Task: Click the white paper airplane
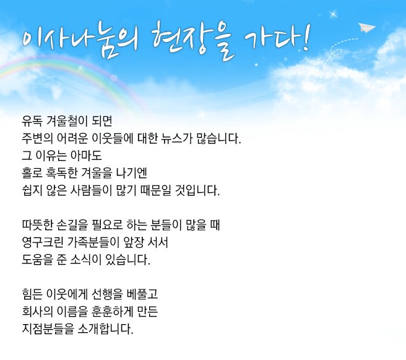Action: (x=366, y=28)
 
